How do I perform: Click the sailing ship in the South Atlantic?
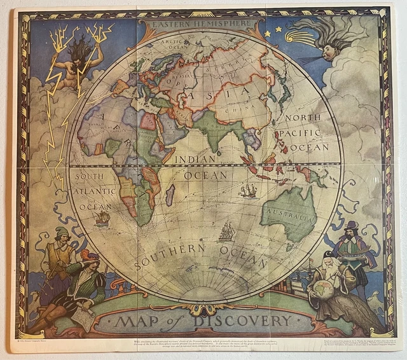point(102,218)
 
